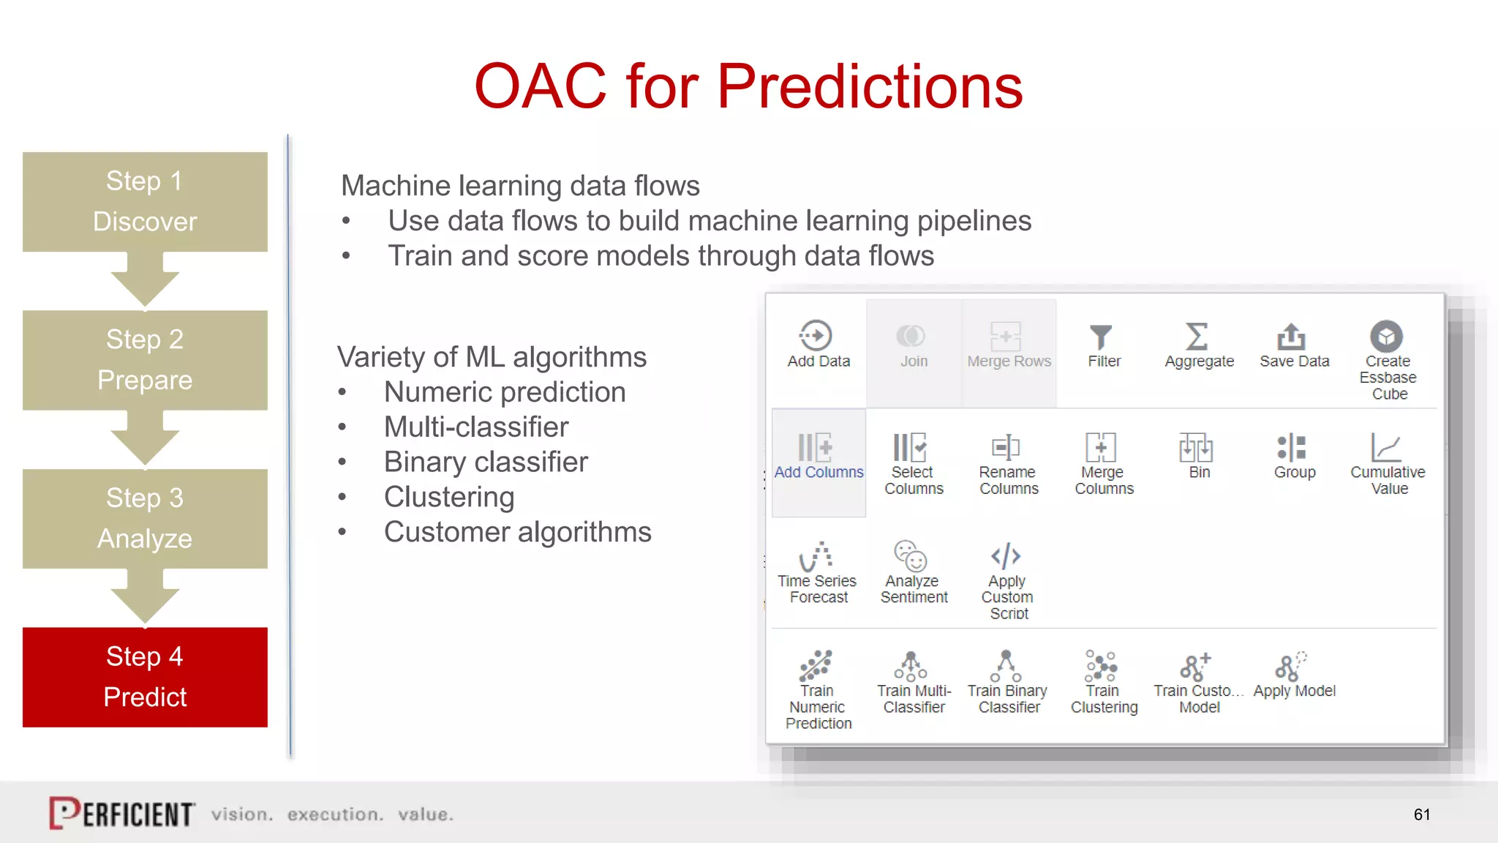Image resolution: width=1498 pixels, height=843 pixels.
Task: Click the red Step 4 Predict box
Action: (145, 677)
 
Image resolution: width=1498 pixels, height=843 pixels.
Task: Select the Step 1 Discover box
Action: (145, 201)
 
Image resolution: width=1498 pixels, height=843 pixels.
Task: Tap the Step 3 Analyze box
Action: (145, 518)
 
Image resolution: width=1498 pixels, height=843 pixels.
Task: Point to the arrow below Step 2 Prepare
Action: (145, 439)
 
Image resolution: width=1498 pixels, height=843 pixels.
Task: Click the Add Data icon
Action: (816, 336)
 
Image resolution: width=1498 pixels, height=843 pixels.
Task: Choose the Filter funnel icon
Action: (1101, 337)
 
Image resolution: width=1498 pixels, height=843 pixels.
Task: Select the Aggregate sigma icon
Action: (1197, 337)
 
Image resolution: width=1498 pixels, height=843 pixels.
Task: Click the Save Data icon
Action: (1291, 337)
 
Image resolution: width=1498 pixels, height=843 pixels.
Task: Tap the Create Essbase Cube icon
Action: (1386, 337)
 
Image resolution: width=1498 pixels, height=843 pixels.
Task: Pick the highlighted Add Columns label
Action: (818, 473)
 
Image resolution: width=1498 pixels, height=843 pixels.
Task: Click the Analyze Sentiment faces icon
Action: (911, 556)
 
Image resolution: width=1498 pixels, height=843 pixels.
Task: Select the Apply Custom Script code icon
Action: (1006, 556)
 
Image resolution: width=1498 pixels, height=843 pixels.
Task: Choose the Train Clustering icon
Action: (1101, 666)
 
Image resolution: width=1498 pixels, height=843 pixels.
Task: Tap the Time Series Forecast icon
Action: (816, 556)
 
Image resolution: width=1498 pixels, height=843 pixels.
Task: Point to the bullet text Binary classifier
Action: (486, 462)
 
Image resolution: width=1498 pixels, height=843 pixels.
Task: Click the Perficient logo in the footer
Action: (122, 813)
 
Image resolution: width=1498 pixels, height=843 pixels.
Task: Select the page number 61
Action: (1422, 814)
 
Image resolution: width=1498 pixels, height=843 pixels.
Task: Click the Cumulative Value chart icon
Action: (1386, 447)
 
